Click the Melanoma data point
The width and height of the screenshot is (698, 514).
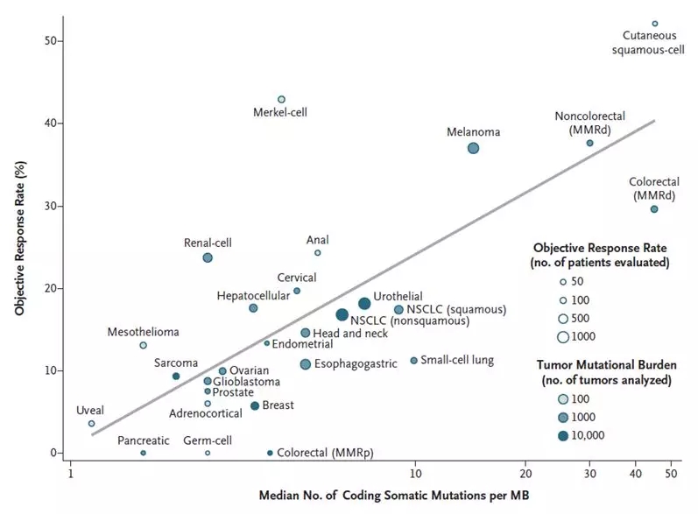(x=473, y=148)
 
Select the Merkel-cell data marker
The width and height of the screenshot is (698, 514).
(x=281, y=100)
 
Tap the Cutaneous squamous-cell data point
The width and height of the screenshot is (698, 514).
(x=654, y=24)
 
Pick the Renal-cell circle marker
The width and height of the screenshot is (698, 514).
(x=208, y=257)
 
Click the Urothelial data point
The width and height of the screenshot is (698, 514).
(x=364, y=303)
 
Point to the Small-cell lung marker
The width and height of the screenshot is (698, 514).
(x=413, y=361)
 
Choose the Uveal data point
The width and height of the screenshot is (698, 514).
(x=91, y=423)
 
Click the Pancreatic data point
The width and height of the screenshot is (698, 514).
(x=143, y=453)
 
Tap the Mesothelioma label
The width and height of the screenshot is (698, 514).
(x=143, y=332)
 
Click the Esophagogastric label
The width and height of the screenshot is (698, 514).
(x=356, y=363)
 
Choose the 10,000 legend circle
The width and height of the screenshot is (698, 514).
(x=563, y=435)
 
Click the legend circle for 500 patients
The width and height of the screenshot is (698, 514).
(x=563, y=318)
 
